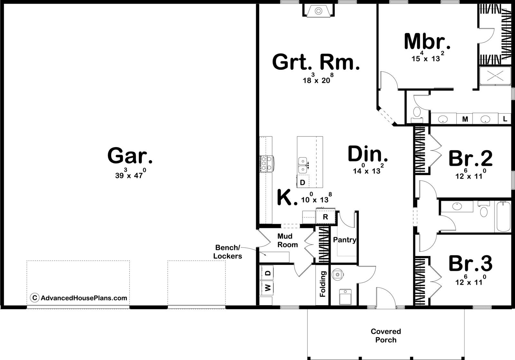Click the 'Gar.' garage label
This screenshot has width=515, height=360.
pyautogui.click(x=130, y=156)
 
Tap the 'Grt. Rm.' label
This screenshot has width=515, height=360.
pyautogui.click(x=316, y=62)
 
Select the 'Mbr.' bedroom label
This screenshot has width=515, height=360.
pyautogui.click(x=427, y=42)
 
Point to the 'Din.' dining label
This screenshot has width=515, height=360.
pyautogui.click(x=368, y=154)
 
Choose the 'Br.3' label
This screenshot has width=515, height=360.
pyautogui.click(x=470, y=263)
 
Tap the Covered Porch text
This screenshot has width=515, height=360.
pyautogui.click(x=386, y=336)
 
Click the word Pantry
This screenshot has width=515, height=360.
pyautogui.click(x=345, y=240)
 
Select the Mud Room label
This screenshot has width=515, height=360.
pyautogui.click(x=287, y=240)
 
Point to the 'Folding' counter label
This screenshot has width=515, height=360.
pyautogui.click(x=323, y=284)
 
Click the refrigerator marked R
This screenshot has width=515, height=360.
pyautogui.click(x=325, y=216)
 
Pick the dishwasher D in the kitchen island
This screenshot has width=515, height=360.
pyautogui.click(x=303, y=182)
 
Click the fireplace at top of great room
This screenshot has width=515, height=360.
pyautogui.click(x=318, y=11)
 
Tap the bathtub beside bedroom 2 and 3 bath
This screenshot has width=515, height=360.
pyautogui.click(x=503, y=217)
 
